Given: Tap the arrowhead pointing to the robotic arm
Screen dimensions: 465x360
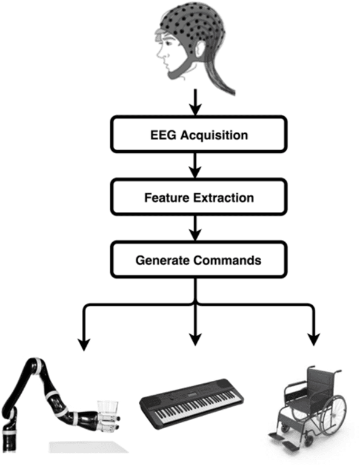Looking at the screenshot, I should tap(84, 344).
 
